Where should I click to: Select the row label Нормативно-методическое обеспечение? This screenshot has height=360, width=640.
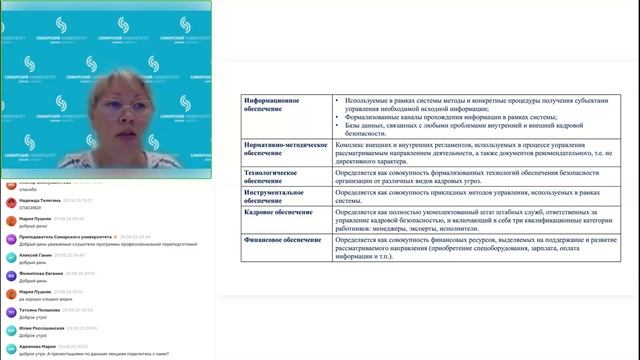[286, 149]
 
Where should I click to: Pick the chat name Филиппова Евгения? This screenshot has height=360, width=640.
[41, 272]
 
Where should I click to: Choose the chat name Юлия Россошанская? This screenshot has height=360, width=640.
[43, 328]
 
